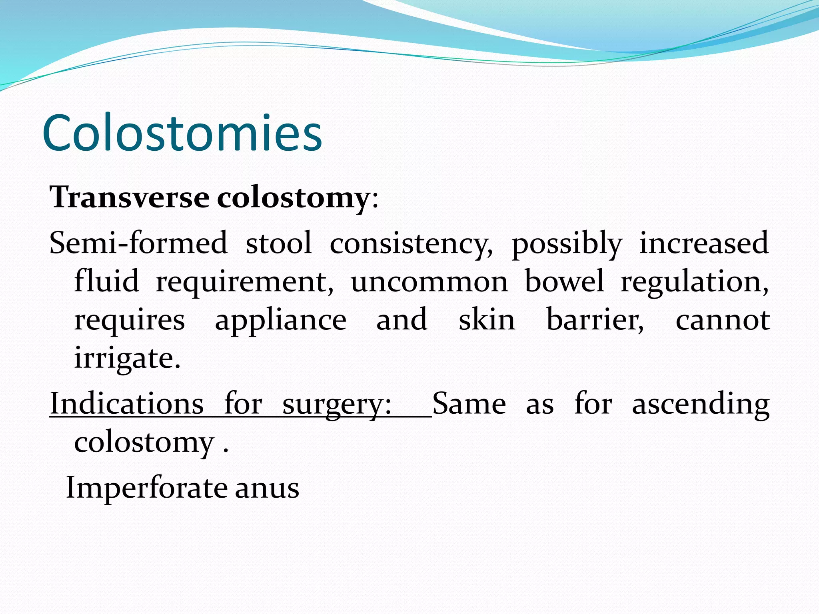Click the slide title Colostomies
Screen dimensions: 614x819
(182, 133)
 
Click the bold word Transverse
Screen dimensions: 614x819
(129, 197)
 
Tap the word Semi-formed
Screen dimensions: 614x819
(138, 243)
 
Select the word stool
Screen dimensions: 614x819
(278, 243)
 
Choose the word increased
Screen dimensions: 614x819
(704, 243)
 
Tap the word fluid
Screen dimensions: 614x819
(106, 281)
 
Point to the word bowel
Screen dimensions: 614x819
(564, 281)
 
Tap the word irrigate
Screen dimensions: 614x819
(127, 358)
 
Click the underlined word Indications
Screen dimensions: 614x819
(127, 404)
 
